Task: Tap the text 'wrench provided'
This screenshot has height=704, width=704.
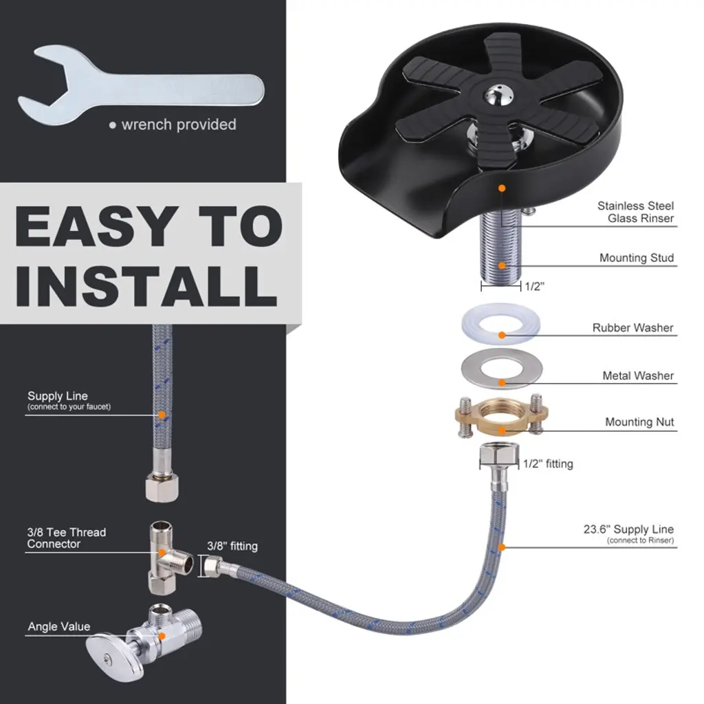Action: (x=179, y=124)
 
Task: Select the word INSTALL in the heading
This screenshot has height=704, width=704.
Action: (x=146, y=286)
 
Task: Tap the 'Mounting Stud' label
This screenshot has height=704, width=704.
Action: (x=636, y=258)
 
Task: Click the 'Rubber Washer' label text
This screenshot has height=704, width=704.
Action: (x=632, y=328)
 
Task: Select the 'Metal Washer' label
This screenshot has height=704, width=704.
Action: (x=638, y=375)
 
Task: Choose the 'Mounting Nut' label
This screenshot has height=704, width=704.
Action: (x=639, y=422)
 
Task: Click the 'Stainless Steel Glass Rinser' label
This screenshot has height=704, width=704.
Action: (x=635, y=212)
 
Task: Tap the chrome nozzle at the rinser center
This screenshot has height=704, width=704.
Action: (x=500, y=95)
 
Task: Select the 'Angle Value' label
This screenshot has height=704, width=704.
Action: (x=59, y=626)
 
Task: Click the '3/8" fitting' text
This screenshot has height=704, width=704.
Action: (x=232, y=547)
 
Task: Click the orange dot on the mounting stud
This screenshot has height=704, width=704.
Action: (x=502, y=265)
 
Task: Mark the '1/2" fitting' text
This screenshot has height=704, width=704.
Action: (x=548, y=464)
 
